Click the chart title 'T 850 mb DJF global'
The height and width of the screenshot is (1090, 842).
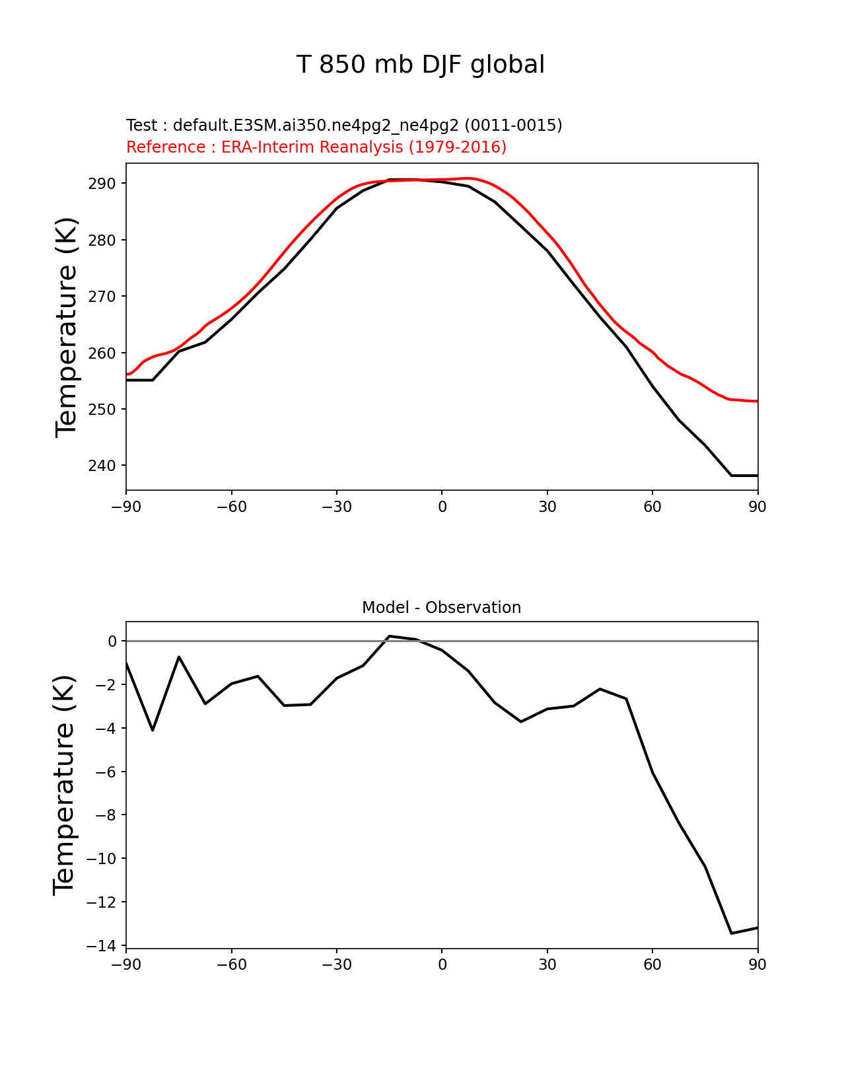coord(421,65)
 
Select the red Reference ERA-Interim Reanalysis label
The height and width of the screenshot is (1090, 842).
coord(316,147)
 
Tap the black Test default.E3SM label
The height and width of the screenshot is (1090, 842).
coord(344,125)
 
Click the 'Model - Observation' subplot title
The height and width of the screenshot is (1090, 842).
coord(441,607)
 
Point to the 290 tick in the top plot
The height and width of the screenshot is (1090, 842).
coord(102,184)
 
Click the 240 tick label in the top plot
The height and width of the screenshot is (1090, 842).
coord(102,466)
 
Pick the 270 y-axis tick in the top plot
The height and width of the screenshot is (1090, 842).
coord(102,297)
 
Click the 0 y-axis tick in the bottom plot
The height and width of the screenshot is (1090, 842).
coord(112,641)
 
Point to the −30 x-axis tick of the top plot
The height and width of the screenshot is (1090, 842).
coord(336,507)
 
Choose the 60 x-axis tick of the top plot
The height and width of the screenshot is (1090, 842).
coord(652,507)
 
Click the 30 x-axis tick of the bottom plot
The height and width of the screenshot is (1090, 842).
coord(547,964)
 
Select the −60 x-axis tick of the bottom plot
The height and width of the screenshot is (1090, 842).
coord(231,964)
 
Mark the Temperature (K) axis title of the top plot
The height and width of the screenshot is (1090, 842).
coord(67,326)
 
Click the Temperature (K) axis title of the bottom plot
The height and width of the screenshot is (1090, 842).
coord(65,785)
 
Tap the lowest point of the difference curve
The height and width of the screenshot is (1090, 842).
coord(732,933)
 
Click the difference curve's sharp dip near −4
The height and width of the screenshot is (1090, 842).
coord(153,730)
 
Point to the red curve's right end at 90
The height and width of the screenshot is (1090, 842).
coord(757,401)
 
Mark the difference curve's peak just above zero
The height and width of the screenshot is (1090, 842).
coord(390,636)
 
